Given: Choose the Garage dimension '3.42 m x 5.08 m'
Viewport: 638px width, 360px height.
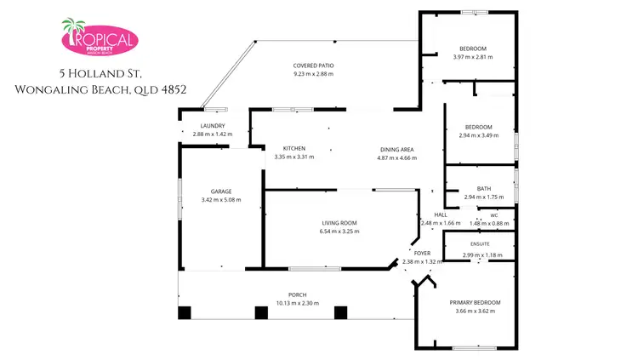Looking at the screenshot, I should [x=221, y=200].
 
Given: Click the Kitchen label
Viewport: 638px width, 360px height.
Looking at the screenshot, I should [x=294, y=148].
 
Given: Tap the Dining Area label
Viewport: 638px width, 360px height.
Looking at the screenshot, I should [x=397, y=149].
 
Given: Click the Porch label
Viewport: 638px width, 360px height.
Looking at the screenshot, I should [x=285, y=294].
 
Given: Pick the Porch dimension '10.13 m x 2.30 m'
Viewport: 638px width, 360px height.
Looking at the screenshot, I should [x=285, y=303].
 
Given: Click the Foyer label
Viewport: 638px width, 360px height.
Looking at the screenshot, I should [x=422, y=254].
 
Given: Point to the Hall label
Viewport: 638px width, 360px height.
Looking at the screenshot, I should [x=441, y=214].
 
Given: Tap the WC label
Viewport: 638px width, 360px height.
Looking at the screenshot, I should [x=493, y=215].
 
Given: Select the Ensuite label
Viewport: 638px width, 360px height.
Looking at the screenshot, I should [x=480, y=245].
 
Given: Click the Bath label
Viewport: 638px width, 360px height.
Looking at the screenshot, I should [x=484, y=189].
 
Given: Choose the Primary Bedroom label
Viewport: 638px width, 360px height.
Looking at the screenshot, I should [x=475, y=303].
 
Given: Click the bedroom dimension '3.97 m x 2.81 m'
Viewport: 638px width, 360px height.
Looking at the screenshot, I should [x=473, y=57].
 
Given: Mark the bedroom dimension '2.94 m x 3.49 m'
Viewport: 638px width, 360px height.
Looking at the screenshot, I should [x=479, y=135].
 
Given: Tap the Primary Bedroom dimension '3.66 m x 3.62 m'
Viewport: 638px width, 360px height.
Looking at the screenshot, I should [x=475, y=311].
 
